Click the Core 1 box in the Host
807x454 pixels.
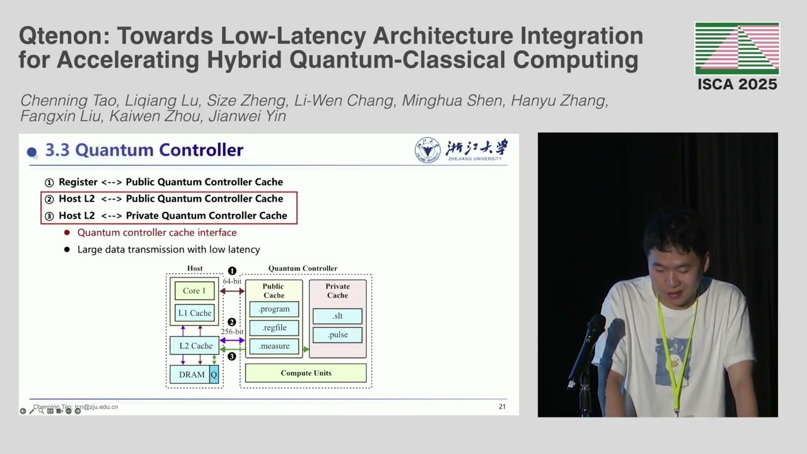(x=194, y=291)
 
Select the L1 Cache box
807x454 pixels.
(x=195, y=313)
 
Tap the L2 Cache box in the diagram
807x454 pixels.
(x=195, y=346)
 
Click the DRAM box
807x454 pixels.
(x=191, y=375)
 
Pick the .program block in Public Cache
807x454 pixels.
(x=274, y=309)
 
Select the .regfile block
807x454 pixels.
(x=274, y=327)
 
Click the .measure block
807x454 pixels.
(x=274, y=346)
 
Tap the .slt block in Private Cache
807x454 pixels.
(x=337, y=316)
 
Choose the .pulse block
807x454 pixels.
(x=337, y=335)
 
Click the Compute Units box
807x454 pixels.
(x=306, y=373)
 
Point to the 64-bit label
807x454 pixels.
(x=232, y=281)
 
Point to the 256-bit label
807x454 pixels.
(x=232, y=332)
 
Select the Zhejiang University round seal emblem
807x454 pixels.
(x=427, y=150)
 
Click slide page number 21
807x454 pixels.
(x=502, y=407)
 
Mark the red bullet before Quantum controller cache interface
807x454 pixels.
(x=67, y=233)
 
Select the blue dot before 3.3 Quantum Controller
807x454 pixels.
(x=32, y=151)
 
